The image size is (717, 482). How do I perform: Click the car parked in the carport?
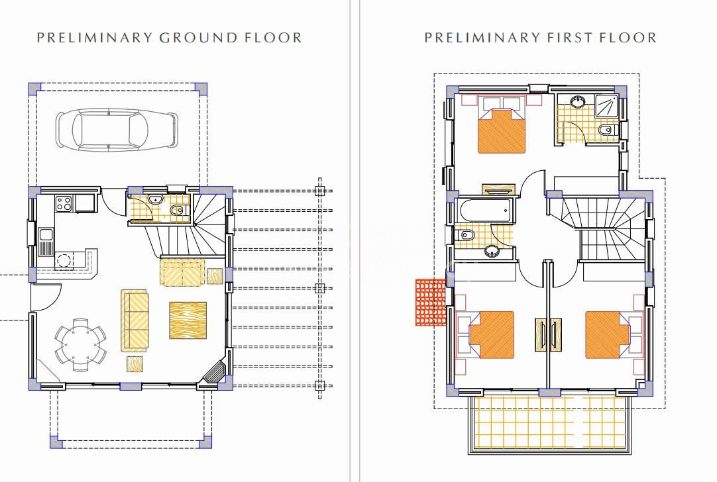coord(117,130)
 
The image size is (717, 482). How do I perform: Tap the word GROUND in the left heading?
coord(198,38)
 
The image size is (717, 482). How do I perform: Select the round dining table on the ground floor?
coord(80,345)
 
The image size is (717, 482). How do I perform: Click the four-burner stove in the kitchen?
coord(64,203)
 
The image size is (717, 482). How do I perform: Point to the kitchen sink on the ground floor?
coord(46,242)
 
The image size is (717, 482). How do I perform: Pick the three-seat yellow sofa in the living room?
coord(135,320)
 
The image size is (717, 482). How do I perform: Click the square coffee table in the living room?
coord(188,320)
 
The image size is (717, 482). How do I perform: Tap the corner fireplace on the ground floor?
coord(215,371)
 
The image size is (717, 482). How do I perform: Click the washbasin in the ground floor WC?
coord(156,199)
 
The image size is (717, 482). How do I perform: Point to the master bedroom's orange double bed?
coord(502,130)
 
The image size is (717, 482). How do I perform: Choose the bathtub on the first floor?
coord(484,211)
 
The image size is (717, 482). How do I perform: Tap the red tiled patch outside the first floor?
coord(430,303)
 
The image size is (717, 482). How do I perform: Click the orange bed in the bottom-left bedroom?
coord(492,335)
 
